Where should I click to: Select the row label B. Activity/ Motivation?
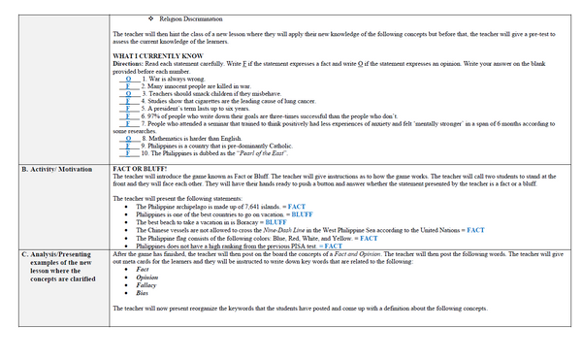coord(57,169)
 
